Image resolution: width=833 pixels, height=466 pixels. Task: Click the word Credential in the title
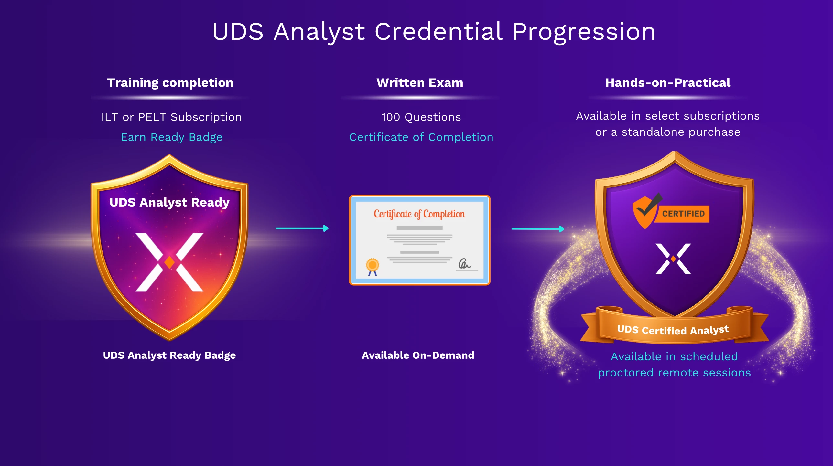[x=438, y=32]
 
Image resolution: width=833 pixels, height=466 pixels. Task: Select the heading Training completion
[x=170, y=83]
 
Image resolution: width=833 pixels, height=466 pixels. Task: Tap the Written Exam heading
[x=420, y=83]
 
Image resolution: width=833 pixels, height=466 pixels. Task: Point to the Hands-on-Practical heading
[x=668, y=83]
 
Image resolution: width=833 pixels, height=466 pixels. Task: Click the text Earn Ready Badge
[x=172, y=137]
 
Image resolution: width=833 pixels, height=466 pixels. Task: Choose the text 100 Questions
[x=421, y=117]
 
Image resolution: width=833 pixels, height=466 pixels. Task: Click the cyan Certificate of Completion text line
[x=421, y=137]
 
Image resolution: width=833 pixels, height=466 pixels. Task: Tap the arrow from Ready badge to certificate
[x=302, y=228]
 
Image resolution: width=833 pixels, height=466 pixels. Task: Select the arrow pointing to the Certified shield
[x=538, y=229]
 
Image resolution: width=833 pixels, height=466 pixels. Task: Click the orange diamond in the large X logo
[x=169, y=262]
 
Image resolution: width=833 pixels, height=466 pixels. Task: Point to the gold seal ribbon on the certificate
[x=373, y=267]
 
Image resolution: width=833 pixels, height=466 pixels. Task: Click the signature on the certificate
[x=465, y=264]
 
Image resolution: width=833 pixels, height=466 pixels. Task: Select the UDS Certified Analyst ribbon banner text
[x=673, y=330]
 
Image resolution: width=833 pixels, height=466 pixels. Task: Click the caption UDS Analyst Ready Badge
[x=169, y=355]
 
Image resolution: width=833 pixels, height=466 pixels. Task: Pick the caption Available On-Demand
[x=418, y=355]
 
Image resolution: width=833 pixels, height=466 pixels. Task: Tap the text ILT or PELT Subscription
[x=172, y=117]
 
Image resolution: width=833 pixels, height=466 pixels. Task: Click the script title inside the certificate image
[x=419, y=214]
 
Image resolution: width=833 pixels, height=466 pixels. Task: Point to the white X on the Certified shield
[x=673, y=259]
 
